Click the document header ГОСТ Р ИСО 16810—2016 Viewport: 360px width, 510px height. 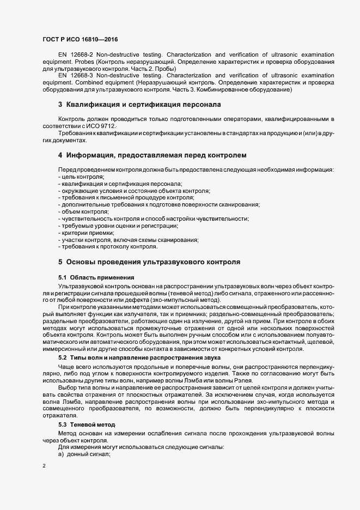[80, 40]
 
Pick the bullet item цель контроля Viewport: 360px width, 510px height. [82, 178]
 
